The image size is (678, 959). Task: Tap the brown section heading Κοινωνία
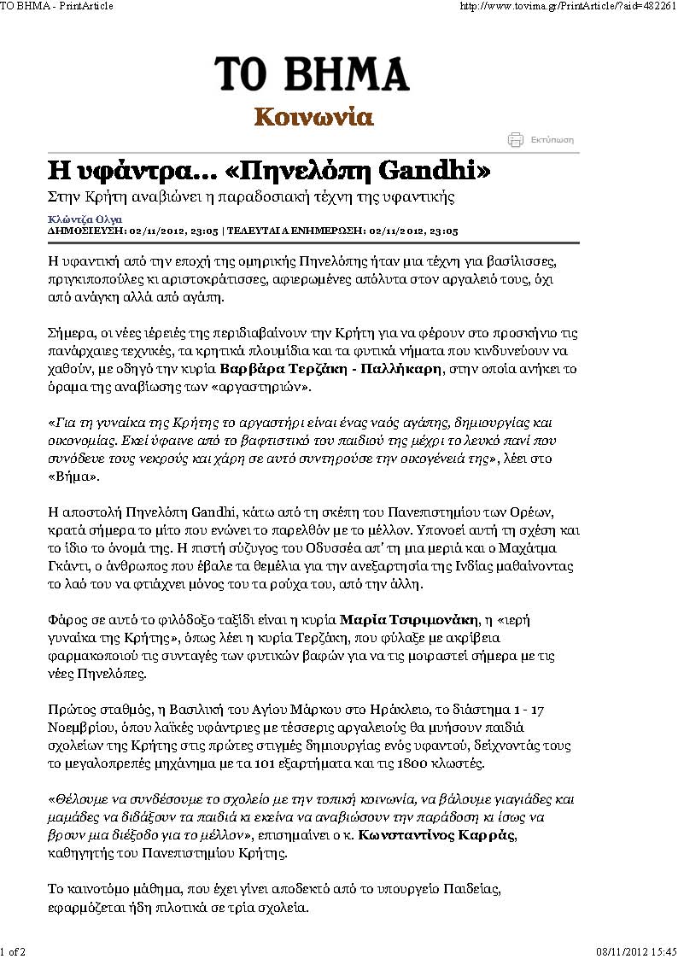(x=313, y=117)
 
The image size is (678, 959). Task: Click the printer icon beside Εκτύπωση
(x=515, y=140)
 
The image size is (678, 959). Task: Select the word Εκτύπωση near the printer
(x=552, y=140)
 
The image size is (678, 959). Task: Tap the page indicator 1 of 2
(x=13, y=950)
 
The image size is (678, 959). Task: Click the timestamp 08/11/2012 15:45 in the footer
(x=634, y=950)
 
